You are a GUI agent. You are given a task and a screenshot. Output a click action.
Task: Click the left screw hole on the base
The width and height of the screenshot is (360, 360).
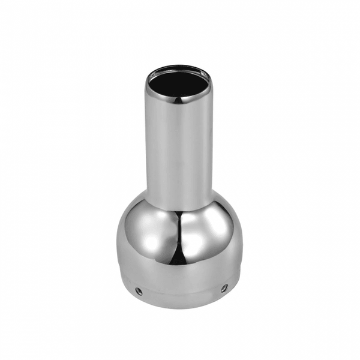(139, 291)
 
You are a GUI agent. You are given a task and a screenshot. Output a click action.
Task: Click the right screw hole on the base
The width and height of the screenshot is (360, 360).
(224, 288)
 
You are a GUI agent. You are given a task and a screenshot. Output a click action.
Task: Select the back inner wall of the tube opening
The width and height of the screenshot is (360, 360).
(178, 73)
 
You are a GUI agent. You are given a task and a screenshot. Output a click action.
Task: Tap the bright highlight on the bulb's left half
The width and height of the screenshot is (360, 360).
(144, 231)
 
